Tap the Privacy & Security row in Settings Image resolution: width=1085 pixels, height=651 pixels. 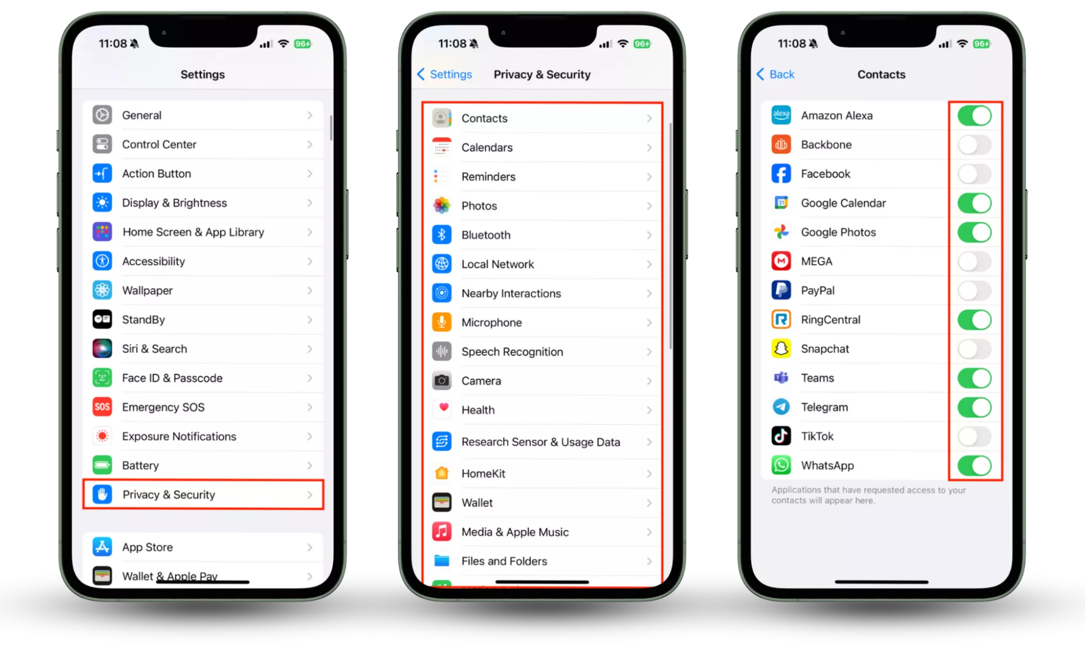203,494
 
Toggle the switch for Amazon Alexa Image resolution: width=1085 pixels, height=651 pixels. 974,116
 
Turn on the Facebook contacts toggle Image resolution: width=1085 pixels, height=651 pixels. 974,174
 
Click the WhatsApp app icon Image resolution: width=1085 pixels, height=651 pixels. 781,465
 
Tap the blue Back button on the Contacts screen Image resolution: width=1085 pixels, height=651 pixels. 775,74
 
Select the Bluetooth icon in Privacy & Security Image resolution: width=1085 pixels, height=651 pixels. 442,235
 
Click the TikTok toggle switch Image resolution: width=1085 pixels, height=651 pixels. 974,437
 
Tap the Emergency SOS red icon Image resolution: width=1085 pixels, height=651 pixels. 102,407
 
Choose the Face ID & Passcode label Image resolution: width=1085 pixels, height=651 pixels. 172,378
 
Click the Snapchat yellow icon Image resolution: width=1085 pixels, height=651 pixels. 781,349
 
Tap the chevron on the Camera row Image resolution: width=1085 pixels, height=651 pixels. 649,381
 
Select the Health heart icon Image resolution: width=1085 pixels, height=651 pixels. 442,410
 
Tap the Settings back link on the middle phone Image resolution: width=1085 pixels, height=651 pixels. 445,74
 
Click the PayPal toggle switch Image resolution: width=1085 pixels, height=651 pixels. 974,291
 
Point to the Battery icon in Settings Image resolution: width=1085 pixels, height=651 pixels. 102,465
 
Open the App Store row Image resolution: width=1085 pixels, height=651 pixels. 203,547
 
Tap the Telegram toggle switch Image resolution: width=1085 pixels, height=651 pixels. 974,407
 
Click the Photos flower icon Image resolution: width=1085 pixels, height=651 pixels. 442,206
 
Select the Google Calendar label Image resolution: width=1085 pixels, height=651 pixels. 843,203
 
